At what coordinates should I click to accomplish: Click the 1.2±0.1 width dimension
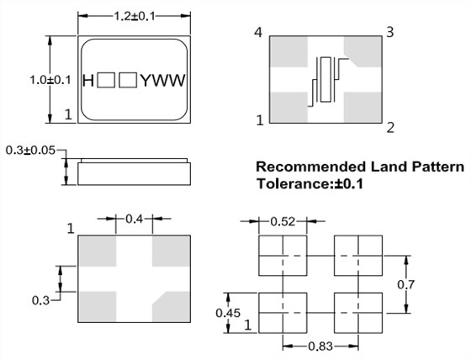tap(135, 16)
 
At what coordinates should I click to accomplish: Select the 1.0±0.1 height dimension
tap(50, 80)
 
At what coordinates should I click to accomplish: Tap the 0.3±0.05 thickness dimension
tap(30, 150)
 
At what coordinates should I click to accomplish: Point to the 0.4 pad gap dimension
tap(134, 219)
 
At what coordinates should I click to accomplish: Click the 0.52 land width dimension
tap(283, 222)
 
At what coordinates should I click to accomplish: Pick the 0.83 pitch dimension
tap(320, 347)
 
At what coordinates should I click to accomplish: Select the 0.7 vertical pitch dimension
tap(405, 284)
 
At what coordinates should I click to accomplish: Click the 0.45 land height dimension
tap(228, 313)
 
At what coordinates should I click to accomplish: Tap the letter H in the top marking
tap(88, 81)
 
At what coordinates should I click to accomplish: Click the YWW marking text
tap(163, 81)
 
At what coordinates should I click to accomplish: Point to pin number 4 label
tap(258, 32)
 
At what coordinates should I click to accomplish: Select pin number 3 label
tap(390, 32)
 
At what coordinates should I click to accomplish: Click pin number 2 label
tap(390, 128)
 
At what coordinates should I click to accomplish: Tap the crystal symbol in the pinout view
tap(326, 80)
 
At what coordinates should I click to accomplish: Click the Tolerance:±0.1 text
tap(310, 183)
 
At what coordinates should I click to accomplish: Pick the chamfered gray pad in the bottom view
tap(172, 307)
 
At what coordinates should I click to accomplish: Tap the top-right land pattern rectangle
tap(358, 256)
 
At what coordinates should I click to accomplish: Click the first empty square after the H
tap(106, 80)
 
